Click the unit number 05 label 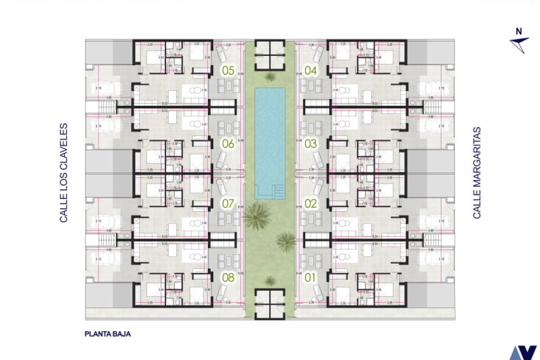tap(228, 70)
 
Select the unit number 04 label tap(311, 70)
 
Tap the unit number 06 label tap(228, 144)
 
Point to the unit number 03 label tap(311, 144)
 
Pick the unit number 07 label tap(228, 203)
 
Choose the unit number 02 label tap(311, 203)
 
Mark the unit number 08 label tap(228, 278)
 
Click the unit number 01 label tap(311, 278)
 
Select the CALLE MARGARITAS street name tap(477, 173)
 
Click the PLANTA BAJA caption tap(108, 334)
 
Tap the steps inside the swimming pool tap(279, 192)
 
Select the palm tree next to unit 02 tap(286, 241)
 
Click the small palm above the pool tap(270, 77)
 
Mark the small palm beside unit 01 tap(270, 281)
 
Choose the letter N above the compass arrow tap(519, 31)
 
